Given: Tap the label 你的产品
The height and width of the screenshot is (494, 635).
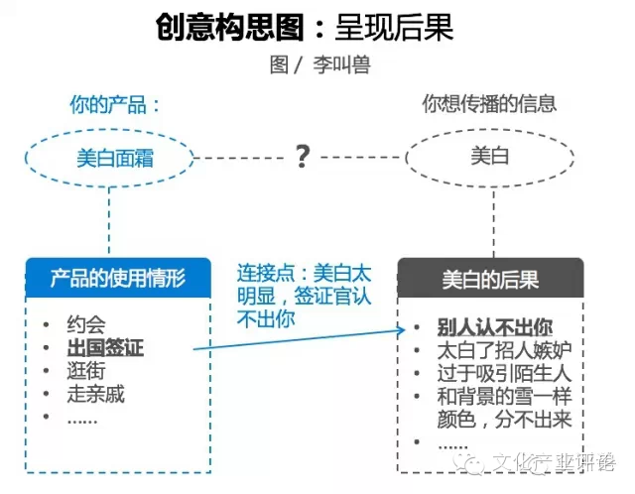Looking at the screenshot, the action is [114, 104].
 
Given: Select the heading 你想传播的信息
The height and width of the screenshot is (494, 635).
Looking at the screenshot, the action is [489, 103].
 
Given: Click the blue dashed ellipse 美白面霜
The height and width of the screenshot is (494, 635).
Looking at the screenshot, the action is [115, 157].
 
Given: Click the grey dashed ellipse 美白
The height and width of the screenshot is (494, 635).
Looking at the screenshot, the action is [490, 157].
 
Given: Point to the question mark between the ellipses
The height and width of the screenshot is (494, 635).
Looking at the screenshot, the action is [303, 156].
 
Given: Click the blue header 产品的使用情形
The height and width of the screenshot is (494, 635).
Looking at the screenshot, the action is [117, 277].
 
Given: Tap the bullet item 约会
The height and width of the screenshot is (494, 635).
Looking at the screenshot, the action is [86, 324].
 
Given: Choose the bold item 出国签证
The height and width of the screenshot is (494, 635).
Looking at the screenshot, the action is [105, 348].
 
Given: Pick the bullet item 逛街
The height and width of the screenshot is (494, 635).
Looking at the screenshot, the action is [86, 371].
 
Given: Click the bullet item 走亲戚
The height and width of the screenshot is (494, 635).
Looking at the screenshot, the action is [96, 395].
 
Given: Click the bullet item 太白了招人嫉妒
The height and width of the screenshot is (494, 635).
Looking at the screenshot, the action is [504, 351].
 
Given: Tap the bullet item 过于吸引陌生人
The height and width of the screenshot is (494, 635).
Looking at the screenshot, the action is [504, 374].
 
